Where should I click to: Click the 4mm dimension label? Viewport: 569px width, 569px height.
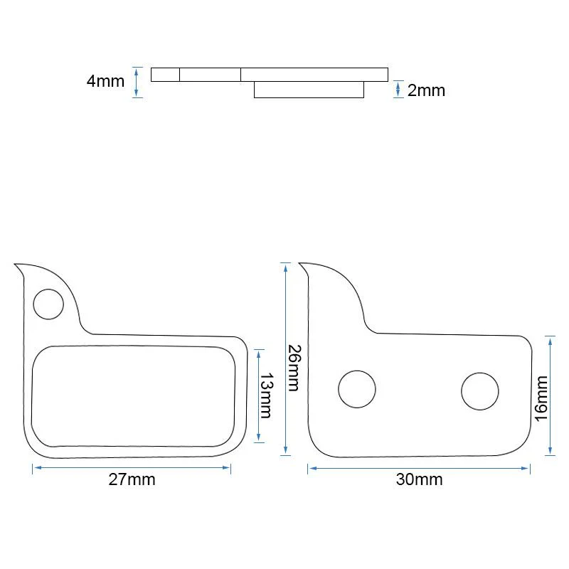coord(105,81)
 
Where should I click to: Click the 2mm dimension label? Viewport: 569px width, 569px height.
coord(426,90)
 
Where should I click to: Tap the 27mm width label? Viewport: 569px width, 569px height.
coord(132,479)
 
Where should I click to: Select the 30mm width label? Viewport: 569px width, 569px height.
coord(419,479)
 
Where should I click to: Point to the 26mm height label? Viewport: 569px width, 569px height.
coord(294,368)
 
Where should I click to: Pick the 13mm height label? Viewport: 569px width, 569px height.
coord(266,395)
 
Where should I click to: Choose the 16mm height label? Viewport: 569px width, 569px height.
coord(541,398)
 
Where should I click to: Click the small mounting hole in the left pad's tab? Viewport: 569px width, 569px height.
coord(48,304)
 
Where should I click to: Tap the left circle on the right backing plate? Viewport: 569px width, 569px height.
coord(357,389)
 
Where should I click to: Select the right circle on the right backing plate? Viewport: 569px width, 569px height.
coord(480,391)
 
